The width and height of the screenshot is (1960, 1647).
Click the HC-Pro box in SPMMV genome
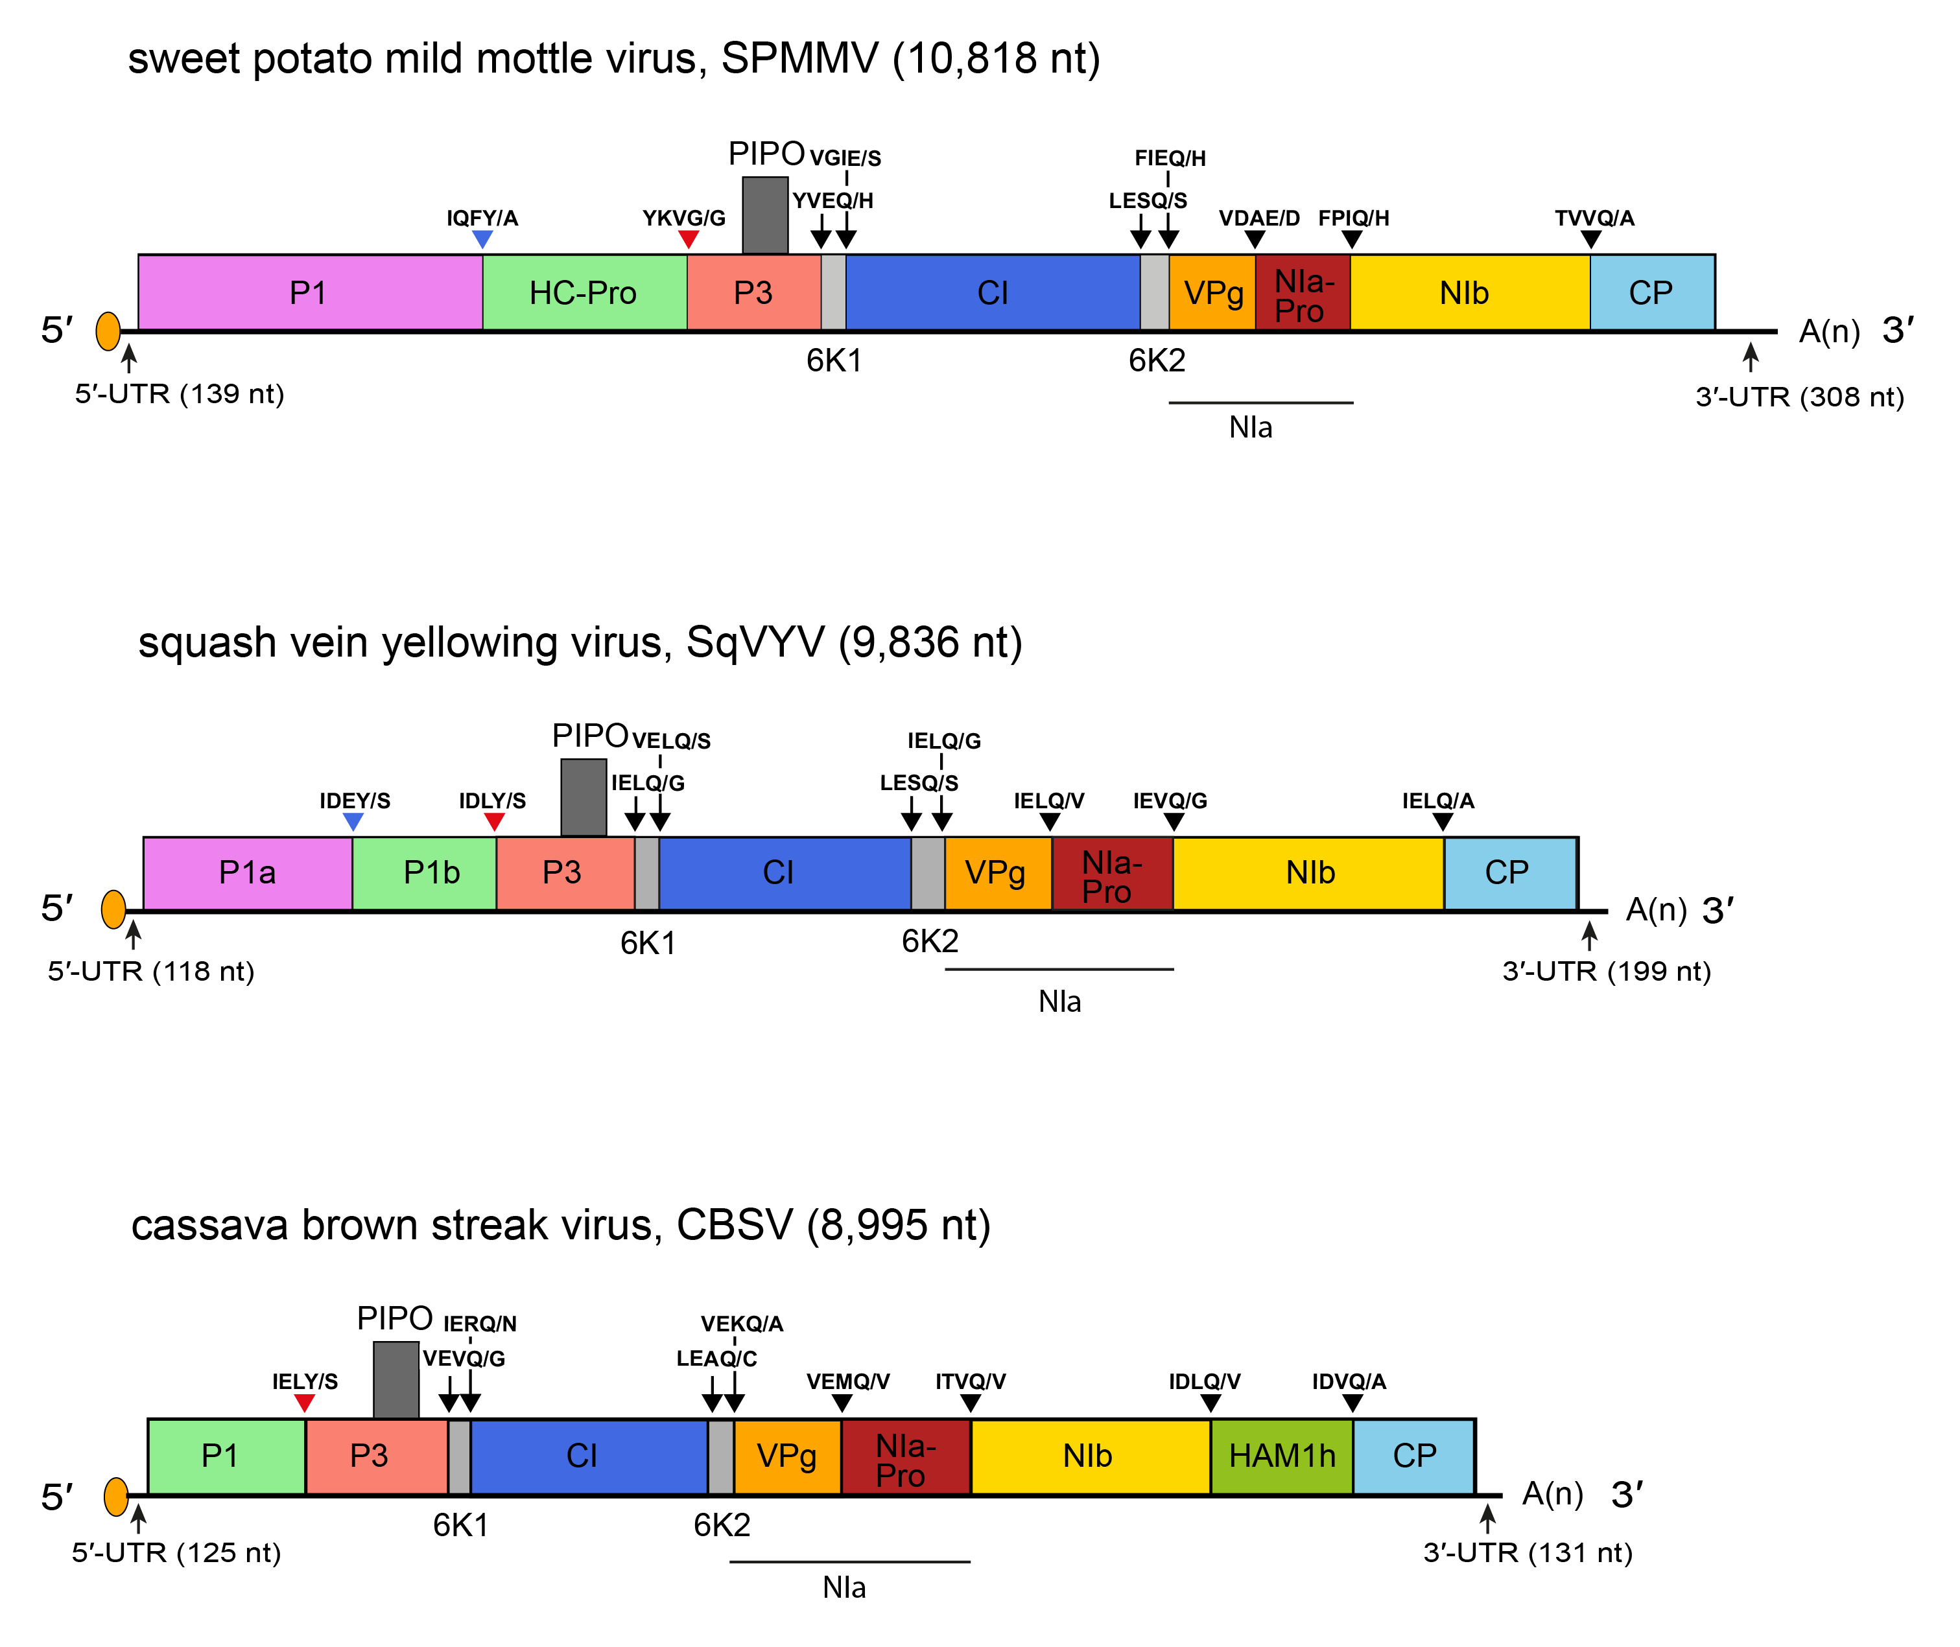(584, 292)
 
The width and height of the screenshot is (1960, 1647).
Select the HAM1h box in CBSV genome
(1281, 1456)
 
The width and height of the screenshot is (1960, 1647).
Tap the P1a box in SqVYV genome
(248, 873)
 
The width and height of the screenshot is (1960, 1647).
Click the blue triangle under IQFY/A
(482, 240)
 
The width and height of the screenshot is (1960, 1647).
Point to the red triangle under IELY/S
(305, 1403)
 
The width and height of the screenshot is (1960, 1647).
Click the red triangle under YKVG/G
(688, 240)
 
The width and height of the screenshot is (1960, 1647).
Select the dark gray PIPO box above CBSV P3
(396, 1380)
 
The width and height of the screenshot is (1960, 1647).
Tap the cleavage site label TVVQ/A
(1594, 218)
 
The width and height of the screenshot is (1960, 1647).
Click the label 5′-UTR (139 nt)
(180, 394)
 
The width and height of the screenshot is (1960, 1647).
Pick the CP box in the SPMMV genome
(1651, 292)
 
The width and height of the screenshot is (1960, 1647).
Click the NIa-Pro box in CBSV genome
(905, 1456)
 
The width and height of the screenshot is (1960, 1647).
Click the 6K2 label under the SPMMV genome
(1156, 360)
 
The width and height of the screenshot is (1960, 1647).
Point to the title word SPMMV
(800, 59)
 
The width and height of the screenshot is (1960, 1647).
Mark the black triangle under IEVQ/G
(1174, 822)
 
